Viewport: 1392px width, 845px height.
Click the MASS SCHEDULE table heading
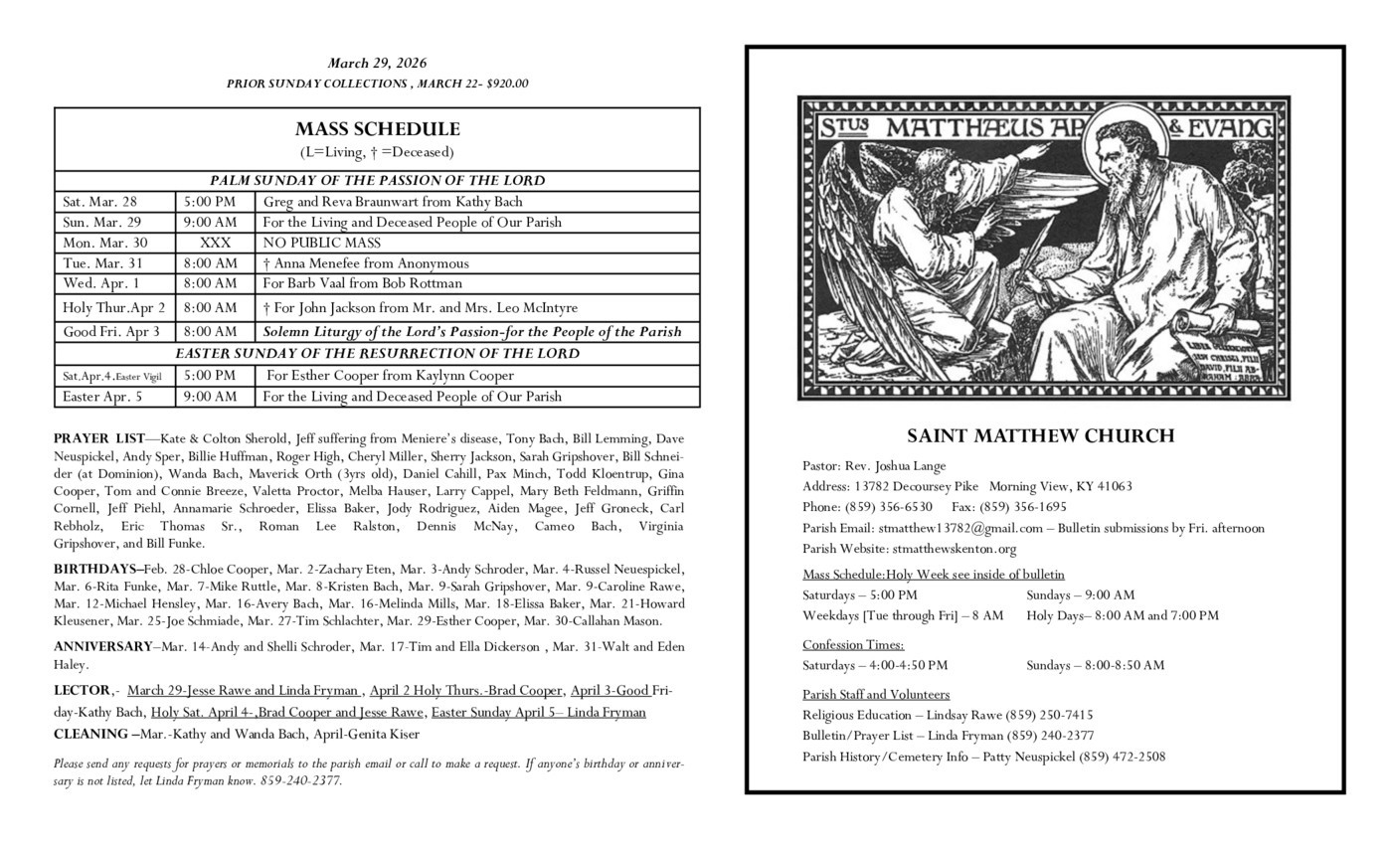pos(377,129)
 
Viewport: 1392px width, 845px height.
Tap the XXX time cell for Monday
pos(215,243)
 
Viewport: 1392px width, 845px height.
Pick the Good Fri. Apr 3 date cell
pos(111,331)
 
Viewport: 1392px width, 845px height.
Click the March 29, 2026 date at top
pos(377,64)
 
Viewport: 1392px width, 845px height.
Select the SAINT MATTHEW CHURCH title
pos(1040,435)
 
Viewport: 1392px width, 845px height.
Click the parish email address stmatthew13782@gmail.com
pos(959,528)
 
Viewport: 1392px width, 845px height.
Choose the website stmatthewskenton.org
pos(954,549)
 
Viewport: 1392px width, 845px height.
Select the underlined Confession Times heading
pos(852,644)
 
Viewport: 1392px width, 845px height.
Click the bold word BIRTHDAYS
pos(96,570)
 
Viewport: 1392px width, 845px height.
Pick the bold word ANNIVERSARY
pos(102,647)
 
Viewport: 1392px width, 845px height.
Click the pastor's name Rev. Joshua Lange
pos(895,465)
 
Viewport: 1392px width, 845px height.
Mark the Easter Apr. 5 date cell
pos(102,397)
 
